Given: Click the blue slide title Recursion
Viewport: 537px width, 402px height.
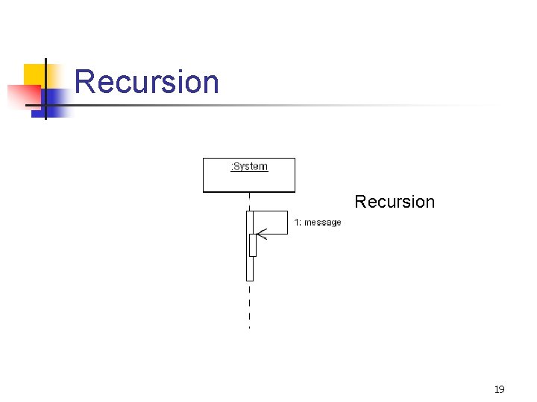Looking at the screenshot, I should coord(147,82).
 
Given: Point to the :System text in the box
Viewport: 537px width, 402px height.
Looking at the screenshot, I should coord(249,166).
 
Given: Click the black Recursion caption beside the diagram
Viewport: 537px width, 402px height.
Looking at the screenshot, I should coord(395,202).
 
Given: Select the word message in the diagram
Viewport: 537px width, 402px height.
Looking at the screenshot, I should coord(322,223).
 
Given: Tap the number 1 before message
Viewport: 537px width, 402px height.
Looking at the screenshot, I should coord(297,223).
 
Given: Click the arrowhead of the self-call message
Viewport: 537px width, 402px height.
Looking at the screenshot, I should coord(260,234).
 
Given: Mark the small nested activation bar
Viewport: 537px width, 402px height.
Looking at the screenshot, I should coord(253,245).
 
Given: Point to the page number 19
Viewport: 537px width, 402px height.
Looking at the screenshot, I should coord(500,389).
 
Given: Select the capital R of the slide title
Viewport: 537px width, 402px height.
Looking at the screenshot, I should coord(84,82).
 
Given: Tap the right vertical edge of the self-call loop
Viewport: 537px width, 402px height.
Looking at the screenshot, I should coord(287,223).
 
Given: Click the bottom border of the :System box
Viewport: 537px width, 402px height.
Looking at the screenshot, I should coord(249,192).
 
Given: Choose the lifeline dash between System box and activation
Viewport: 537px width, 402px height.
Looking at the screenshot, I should coord(249,202).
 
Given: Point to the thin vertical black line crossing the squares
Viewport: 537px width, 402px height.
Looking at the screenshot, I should coord(45,89).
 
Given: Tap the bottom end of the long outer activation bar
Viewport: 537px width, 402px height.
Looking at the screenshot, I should coord(250,279).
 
